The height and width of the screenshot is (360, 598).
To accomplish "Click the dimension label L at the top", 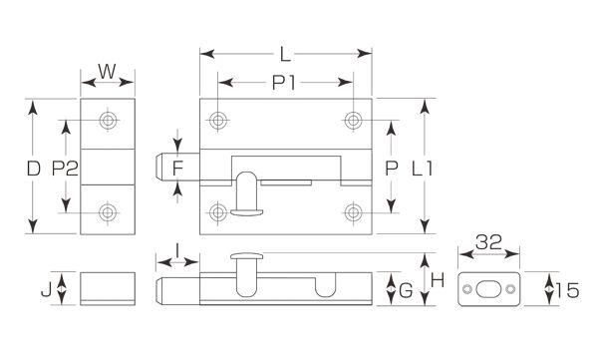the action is tap(285, 54).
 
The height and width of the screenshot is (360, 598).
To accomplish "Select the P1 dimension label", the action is tap(284, 83).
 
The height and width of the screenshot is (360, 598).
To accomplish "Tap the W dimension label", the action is tap(107, 72).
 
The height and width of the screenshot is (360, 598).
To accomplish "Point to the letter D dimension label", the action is tap(34, 169).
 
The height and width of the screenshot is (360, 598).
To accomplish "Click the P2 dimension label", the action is tap(65, 169).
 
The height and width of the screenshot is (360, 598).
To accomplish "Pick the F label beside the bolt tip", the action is tap(177, 169).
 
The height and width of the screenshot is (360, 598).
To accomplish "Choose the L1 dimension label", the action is tap(423, 169).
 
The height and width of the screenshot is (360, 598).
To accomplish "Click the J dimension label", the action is tap(46, 290).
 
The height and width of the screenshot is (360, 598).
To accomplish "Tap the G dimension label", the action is tap(406, 291).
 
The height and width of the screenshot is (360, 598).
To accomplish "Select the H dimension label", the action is tap(438, 281).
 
